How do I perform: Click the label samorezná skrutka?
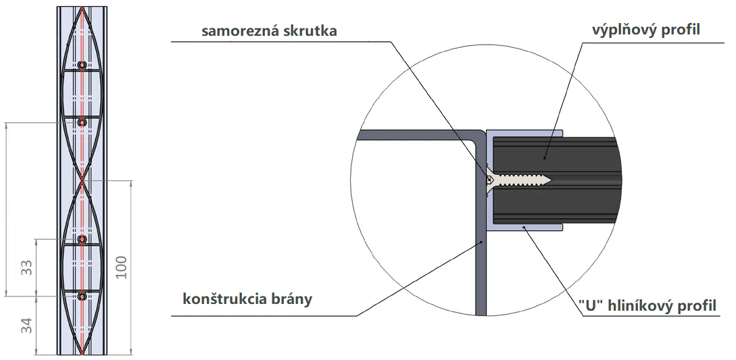pos(269,31)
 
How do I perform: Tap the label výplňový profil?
pos(646,30)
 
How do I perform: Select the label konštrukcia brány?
pos(247,299)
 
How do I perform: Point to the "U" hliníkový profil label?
pos(647,306)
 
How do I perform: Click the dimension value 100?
pos(121,267)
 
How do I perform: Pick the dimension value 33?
pos(28,267)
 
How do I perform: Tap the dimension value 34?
pos(28,326)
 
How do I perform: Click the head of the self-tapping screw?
pos(489,180)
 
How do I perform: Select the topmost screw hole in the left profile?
pos(82,66)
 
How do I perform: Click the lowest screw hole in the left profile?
pos(82,296)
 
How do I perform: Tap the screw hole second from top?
pos(82,122)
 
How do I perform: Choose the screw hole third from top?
pos(82,239)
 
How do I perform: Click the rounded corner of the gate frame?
pos(480,136)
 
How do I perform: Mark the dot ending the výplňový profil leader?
pos(544,158)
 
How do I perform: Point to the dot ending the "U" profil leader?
pos(524,228)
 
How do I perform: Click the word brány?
pos(293,299)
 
